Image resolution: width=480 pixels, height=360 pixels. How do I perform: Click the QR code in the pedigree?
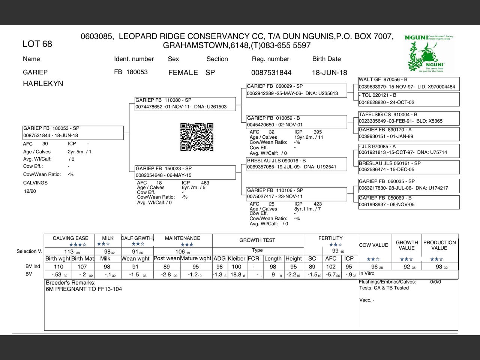[x=197, y=137]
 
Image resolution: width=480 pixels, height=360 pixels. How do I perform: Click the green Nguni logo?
[x=429, y=53]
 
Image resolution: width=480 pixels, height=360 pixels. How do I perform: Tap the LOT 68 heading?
[x=37, y=44]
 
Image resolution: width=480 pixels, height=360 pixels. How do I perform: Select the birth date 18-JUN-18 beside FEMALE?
[x=329, y=72]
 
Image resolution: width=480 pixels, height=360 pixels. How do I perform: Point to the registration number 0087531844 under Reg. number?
[x=271, y=72]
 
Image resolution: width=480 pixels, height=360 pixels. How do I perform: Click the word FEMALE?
[x=183, y=72]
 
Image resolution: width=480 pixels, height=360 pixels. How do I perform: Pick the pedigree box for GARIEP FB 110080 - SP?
[x=185, y=103]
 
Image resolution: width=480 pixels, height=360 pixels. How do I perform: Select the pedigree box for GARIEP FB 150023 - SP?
[x=185, y=172]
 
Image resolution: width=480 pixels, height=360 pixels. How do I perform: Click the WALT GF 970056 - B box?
[x=409, y=83]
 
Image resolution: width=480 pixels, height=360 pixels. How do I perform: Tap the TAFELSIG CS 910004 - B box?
[x=409, y=118]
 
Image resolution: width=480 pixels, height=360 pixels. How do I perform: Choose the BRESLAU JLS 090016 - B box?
[x=296, y=164]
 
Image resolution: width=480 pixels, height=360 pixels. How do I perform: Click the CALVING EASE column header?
[x=70, y=238]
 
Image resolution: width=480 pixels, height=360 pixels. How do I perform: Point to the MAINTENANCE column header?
[x=183, y=238]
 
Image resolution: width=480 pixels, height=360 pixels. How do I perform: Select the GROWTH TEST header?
[x=257, y=240]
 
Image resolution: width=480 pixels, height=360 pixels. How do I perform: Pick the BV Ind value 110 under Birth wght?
[x=58, y=267]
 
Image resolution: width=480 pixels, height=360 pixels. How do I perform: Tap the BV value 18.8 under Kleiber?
[x=236, y=274]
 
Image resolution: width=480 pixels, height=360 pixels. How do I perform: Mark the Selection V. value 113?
[x=69, y=252]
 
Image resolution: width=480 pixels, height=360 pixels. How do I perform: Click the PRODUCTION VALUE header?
[x=439, y=245]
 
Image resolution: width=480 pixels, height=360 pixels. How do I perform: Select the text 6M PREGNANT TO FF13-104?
[x=84, y=289]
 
